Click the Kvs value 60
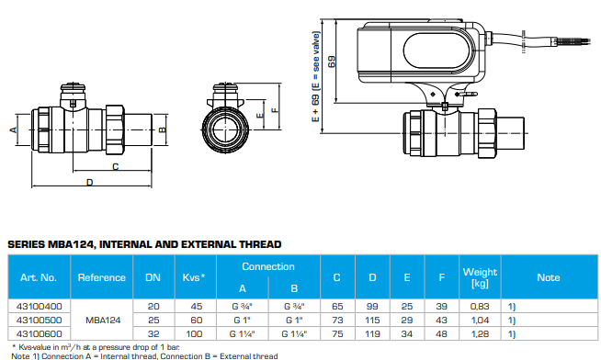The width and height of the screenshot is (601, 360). pyautogui.click(x=197, y=319)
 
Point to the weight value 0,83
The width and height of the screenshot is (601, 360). pyautogui.click(x=479, y=306)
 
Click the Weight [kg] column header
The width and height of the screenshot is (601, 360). pyautogui.click(x=479, y=276)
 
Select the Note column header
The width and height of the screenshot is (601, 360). pyautogui.click(x=549, y=276)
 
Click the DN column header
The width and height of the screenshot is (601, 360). pyautogui.click(x=153, y=276)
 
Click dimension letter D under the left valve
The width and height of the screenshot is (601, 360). pyautogui.click(x=89, y=184)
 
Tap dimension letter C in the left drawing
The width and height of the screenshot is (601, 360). pyautogui.click(x=115, y=167)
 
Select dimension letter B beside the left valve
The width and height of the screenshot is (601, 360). pyautogui.click(x=162, y=129)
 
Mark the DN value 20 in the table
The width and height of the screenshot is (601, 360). pyautogui.click(x=153, y=306)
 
